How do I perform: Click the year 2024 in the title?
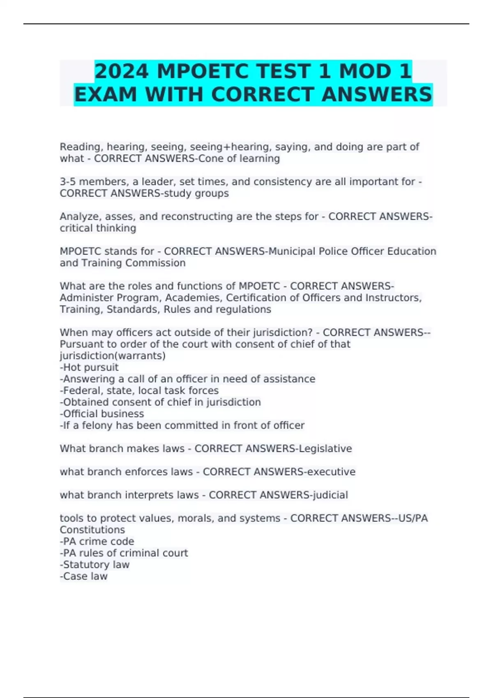coord(121,71)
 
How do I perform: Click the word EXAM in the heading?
coord(105,94)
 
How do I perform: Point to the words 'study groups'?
coord(196,193)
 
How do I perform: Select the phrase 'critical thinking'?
coord(98,228)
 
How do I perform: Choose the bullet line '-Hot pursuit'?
coord(89,367)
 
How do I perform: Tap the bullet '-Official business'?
coord(102,413)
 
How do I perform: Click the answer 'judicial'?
coord(330,495)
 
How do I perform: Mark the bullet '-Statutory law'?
coord(94,565)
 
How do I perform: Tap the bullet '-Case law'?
coord(84,576)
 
